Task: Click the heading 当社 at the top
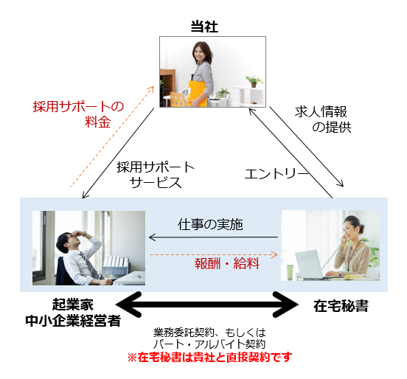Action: coord(204,27)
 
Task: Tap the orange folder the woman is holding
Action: coord(198,94)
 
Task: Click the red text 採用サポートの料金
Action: coord(78,114)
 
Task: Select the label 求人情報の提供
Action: coord(323,119)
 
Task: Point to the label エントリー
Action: coord(276,174)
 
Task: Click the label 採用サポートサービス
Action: coord(156,175)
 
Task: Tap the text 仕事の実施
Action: coord(210,224)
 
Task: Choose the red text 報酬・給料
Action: coord(227,264)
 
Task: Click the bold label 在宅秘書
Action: coord(341,306)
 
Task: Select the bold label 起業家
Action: coord(73,305)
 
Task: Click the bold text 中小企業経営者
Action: coord(73,321)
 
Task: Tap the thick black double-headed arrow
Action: coord(207,305)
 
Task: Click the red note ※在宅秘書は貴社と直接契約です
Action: coord(209,357)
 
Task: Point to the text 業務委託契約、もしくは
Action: coord(209,333)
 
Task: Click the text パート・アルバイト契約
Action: coord(209,344)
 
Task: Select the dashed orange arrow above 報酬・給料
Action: coord(214,255)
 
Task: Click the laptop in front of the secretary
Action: coord(309,264)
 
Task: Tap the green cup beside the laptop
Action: coord(290,272)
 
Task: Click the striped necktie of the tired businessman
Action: coord(90,265)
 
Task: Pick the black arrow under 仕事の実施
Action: coord(213,237)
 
